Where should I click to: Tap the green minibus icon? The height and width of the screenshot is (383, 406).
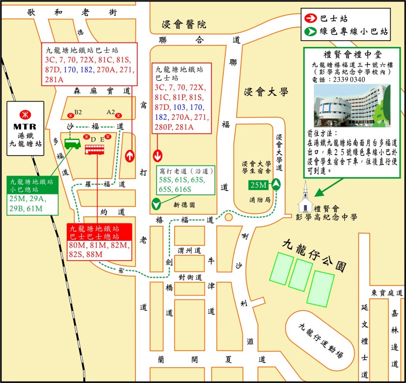click(72, 144)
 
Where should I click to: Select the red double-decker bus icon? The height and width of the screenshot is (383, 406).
click(95, 149)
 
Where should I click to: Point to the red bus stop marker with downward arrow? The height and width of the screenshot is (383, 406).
click(158, 156)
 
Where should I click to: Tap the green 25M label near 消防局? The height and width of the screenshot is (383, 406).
click(258, 185)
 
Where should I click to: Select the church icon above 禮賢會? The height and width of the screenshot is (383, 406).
click(305, 193)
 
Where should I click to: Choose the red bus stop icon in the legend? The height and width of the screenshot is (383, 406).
click(311, 19)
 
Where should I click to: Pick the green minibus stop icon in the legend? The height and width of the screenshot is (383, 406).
click(311, 32)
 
